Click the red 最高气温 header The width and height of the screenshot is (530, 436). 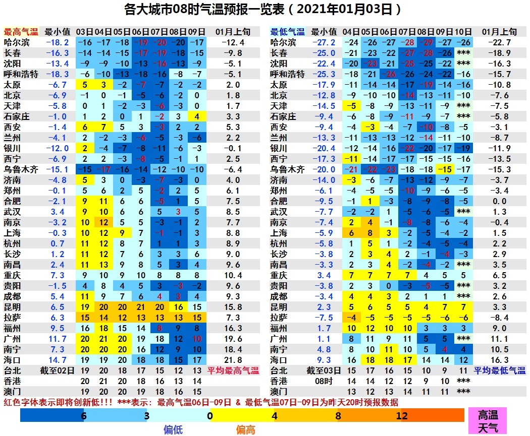point(21,32)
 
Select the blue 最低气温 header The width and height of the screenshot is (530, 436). point(287,32)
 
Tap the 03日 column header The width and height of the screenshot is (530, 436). point(84,32)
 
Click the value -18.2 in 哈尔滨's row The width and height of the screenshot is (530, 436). point(57,42)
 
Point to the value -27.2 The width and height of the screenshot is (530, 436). point(324,42)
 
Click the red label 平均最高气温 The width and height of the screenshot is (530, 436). point(233,370)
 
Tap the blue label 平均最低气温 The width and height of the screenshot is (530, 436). point(500,370)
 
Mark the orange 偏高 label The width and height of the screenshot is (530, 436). point(246,429)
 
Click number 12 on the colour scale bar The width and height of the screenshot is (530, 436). point(402,416)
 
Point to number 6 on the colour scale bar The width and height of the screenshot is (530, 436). point(83,416)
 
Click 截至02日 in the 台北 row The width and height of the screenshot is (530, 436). point(57,370)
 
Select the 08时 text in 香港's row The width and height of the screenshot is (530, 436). point(324,381)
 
